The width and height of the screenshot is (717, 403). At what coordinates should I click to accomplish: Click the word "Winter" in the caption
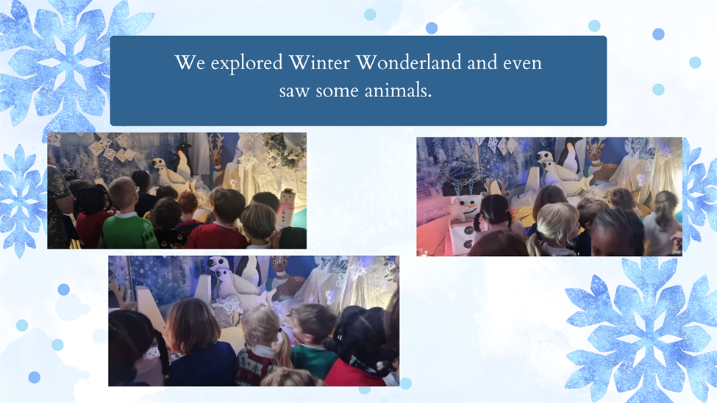point(319,63)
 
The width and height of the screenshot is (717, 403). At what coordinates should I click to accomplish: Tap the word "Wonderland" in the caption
point(408,63)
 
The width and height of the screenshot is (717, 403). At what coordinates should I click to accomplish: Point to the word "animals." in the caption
point(399,90)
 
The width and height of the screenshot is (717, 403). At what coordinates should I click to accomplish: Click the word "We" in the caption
point(190,63)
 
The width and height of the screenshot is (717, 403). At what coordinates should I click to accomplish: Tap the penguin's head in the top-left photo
point(184,148)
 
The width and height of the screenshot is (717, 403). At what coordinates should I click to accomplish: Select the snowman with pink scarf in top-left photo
point(285,208)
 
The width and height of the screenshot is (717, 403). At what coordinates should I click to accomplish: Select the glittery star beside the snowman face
point(457,210)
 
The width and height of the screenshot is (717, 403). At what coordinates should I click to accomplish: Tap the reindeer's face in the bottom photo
point(280,266)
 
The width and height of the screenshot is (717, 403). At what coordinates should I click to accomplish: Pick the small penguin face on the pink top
point(152,353)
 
